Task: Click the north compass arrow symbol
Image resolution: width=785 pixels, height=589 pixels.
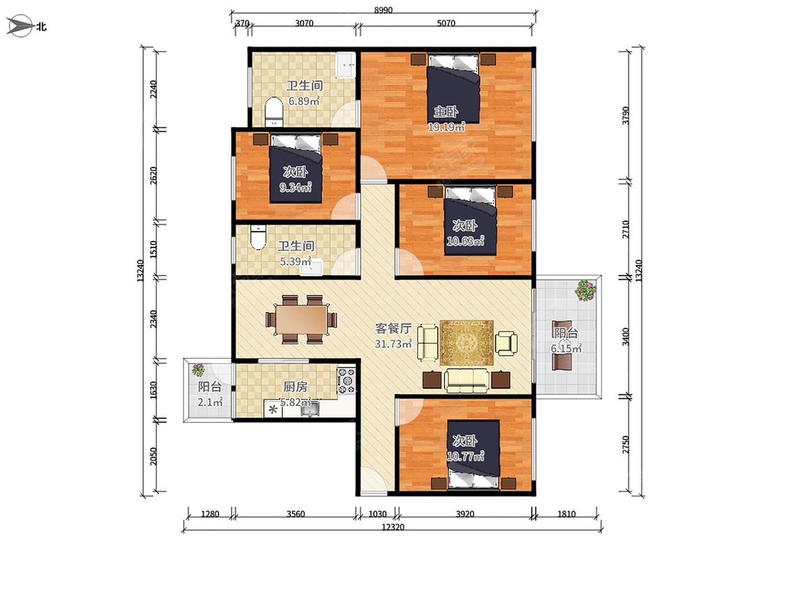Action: click(x=19, y=26)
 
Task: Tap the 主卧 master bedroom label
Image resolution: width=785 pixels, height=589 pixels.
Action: click(x=446, y=111)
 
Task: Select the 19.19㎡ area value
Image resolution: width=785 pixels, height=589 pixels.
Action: click(x=446, y=127)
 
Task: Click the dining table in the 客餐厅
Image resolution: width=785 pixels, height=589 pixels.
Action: click(x=302, y=318)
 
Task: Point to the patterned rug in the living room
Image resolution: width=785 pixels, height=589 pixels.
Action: click(x=467, y=343)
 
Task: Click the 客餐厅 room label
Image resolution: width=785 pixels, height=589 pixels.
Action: click(x=394, y=329)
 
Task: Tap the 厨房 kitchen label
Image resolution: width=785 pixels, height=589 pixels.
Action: click(x=295, y=387)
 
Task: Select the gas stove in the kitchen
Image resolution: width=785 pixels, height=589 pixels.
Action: click(x=346, y=380)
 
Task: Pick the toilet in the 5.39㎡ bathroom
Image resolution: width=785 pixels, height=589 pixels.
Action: click(x=257, y=238)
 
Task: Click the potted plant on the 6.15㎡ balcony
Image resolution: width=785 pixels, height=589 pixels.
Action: click(x=585, y=290)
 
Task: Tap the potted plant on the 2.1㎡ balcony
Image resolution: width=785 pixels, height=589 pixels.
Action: click(x=198, y=370)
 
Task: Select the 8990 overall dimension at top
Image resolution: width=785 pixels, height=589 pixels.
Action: click(x=384, y=10)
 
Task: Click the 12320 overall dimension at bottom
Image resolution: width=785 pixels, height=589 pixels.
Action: click(x=393, y=526)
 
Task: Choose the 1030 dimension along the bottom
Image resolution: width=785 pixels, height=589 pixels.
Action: click(x=377, y=514)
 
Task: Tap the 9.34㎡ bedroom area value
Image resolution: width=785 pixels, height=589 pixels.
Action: click(x=295, y=188)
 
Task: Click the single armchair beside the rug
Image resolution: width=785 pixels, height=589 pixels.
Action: click(x=506, y=343)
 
